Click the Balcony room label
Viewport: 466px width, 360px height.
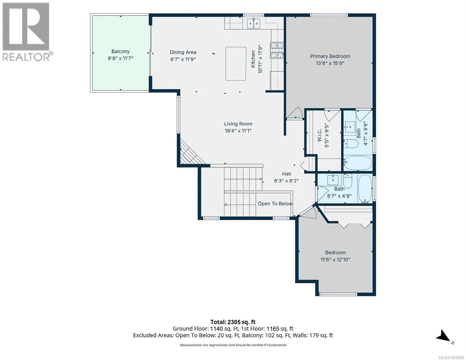click(120, 52)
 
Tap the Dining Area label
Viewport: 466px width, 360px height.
click(183, 52)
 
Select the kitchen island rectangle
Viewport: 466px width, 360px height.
click(236, 64)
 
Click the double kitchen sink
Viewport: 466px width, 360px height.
click(254, 24)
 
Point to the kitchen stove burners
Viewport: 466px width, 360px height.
click(277, 50)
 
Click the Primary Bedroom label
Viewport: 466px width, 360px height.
click(330, 56)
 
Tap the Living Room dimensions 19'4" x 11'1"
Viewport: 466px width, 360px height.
click(238, 130)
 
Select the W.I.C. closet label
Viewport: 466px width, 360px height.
click(320, 135)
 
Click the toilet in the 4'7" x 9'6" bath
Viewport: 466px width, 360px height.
click(351, 144)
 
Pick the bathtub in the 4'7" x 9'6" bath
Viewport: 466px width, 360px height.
click(357, 163)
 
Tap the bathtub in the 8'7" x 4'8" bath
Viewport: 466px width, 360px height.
click(365, 189)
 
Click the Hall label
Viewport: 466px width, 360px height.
click(286, 174)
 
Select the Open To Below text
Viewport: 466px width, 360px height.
click(275, 203)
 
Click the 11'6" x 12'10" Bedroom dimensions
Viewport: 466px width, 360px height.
click(335, 259)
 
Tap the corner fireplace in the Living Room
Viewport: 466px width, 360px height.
click(191, 152)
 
